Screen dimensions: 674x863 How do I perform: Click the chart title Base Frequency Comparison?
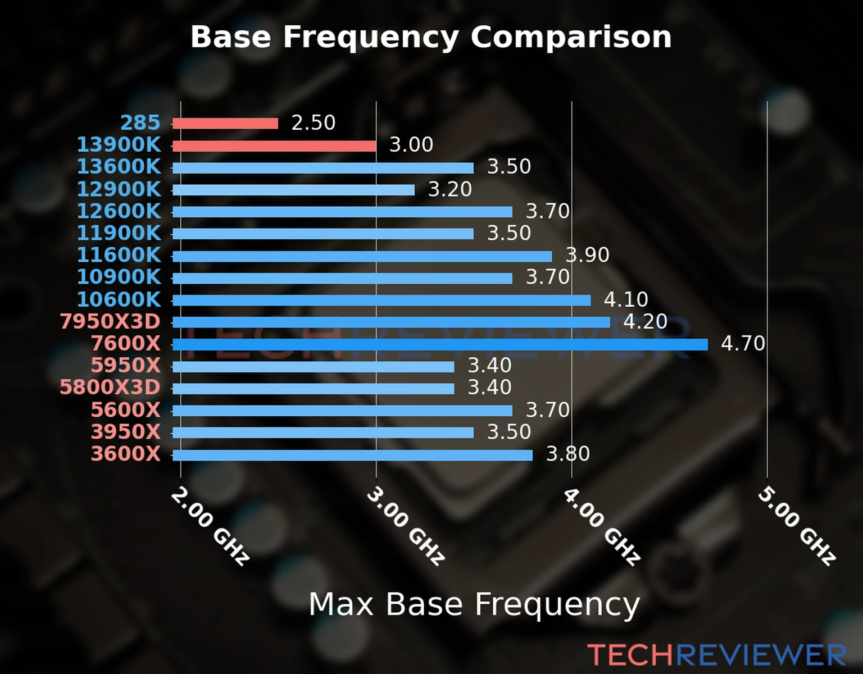pos(431,37)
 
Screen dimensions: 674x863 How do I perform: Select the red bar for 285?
pos(225,124)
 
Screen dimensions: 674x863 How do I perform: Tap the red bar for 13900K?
pos(274,146)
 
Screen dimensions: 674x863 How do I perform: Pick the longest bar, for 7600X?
pos(440,344)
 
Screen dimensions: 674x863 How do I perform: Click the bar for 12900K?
pos(293,190)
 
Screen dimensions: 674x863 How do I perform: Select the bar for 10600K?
pos(381,300)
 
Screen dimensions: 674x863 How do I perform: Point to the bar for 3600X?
pos(352,455)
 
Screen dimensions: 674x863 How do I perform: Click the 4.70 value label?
pos(743,343)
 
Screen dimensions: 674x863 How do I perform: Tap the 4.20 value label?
pos(645,321)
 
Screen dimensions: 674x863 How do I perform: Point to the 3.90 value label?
pos(587,255)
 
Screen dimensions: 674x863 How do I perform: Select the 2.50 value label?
pos(313,122)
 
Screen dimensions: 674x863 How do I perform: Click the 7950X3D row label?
pos(110,321)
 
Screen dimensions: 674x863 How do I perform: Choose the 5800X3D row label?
pos(110,388)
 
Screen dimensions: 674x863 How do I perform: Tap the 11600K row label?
pos(119,255)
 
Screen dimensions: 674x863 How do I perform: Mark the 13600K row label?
pos(119,167)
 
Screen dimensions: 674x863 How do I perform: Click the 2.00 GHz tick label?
pos(210,526)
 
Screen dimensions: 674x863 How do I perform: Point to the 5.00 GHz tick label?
pos(797,526)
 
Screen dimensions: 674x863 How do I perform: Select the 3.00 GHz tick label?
pos(406,526)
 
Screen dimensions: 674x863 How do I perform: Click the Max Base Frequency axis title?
pos(474,604)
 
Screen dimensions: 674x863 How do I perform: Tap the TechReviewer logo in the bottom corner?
pos(716,655)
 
